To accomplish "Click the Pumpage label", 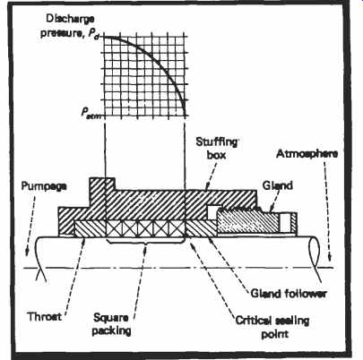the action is (x=44, y=186).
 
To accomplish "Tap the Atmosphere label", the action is (x=307, y=154).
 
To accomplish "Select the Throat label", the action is (x=45, y=316).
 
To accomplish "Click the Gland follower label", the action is (x=289, y=294).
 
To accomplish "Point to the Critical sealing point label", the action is (x=272, y=327).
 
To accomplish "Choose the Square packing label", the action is (x=111, y=324).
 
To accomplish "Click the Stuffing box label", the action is (x=217, y=149).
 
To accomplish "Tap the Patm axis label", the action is (x=91, y=114).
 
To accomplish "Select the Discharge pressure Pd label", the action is (x=70, y=26).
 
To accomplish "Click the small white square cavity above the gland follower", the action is (x=214, y=211).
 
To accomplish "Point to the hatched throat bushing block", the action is (x=91, y=228).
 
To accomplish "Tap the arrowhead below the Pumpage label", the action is (x=27, y=253).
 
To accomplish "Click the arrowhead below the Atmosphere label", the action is (x=330, y=256).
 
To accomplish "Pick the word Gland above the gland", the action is (x=277, y=185).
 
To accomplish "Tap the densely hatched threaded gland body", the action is (x=248, y=221).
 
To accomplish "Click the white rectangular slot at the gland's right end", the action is (x=285, y=223).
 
